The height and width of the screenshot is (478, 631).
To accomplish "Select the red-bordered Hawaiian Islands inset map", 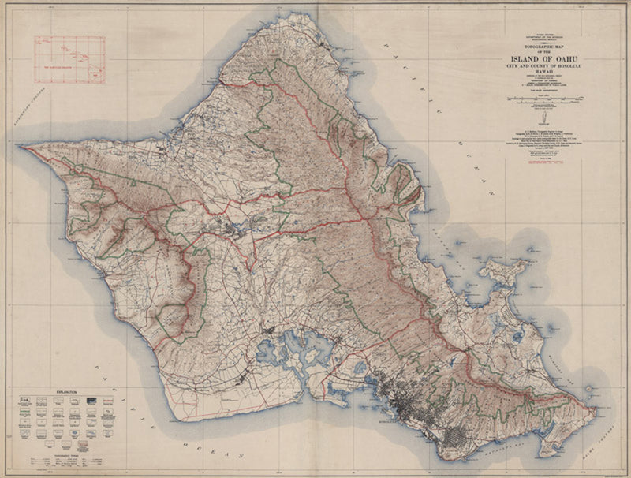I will click(69, 59).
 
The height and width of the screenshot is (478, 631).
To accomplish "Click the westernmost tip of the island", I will click(24, 147).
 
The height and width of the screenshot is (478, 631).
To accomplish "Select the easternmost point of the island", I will click(593, 409).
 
